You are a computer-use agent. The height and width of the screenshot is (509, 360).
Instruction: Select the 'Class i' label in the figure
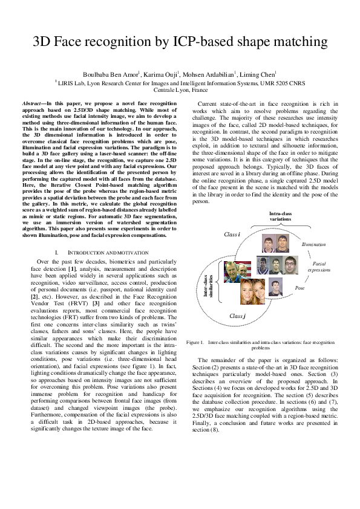pos(232,234)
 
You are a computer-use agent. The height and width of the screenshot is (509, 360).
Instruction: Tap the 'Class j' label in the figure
pos(237,316)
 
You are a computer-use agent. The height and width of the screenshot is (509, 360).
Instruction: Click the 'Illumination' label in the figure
pos(313,244)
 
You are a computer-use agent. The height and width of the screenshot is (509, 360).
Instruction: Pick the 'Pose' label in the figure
pos(299,288)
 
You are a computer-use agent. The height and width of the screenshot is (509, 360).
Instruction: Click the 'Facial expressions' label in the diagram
pos(318,267)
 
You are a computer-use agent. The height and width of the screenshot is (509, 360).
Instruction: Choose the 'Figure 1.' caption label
pos(197,342)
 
